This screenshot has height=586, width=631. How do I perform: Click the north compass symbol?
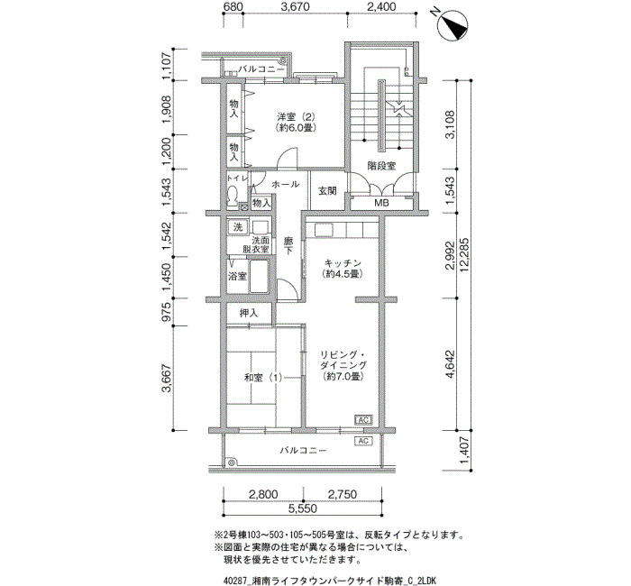[454, 25]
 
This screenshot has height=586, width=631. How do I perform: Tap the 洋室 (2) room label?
[296, 117]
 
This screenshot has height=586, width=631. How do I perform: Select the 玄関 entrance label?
[327, 191]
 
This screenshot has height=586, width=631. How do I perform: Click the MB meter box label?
[381, 203]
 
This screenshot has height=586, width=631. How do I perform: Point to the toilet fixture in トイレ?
[233, 197]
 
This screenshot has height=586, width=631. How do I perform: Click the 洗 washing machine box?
[238, 227]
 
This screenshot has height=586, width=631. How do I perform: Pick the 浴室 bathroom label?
[237, 277]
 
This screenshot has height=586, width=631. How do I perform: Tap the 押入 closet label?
[249, 313]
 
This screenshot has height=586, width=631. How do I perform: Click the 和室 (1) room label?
[263, 378]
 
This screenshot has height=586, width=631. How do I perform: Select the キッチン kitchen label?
[343, 263]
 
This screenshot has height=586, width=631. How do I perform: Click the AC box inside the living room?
[363, 420]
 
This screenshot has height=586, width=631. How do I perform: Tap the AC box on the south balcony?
[363, 441]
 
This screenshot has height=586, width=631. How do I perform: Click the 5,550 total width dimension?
[303, 508]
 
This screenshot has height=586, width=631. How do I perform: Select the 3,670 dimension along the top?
[296, 7]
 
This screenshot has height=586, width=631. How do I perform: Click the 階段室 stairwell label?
[381, 165]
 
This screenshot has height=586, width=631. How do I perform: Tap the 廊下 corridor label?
[288, 246]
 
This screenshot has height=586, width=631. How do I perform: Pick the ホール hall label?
[286, 184]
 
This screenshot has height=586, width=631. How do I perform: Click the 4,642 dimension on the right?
[450, 363]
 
